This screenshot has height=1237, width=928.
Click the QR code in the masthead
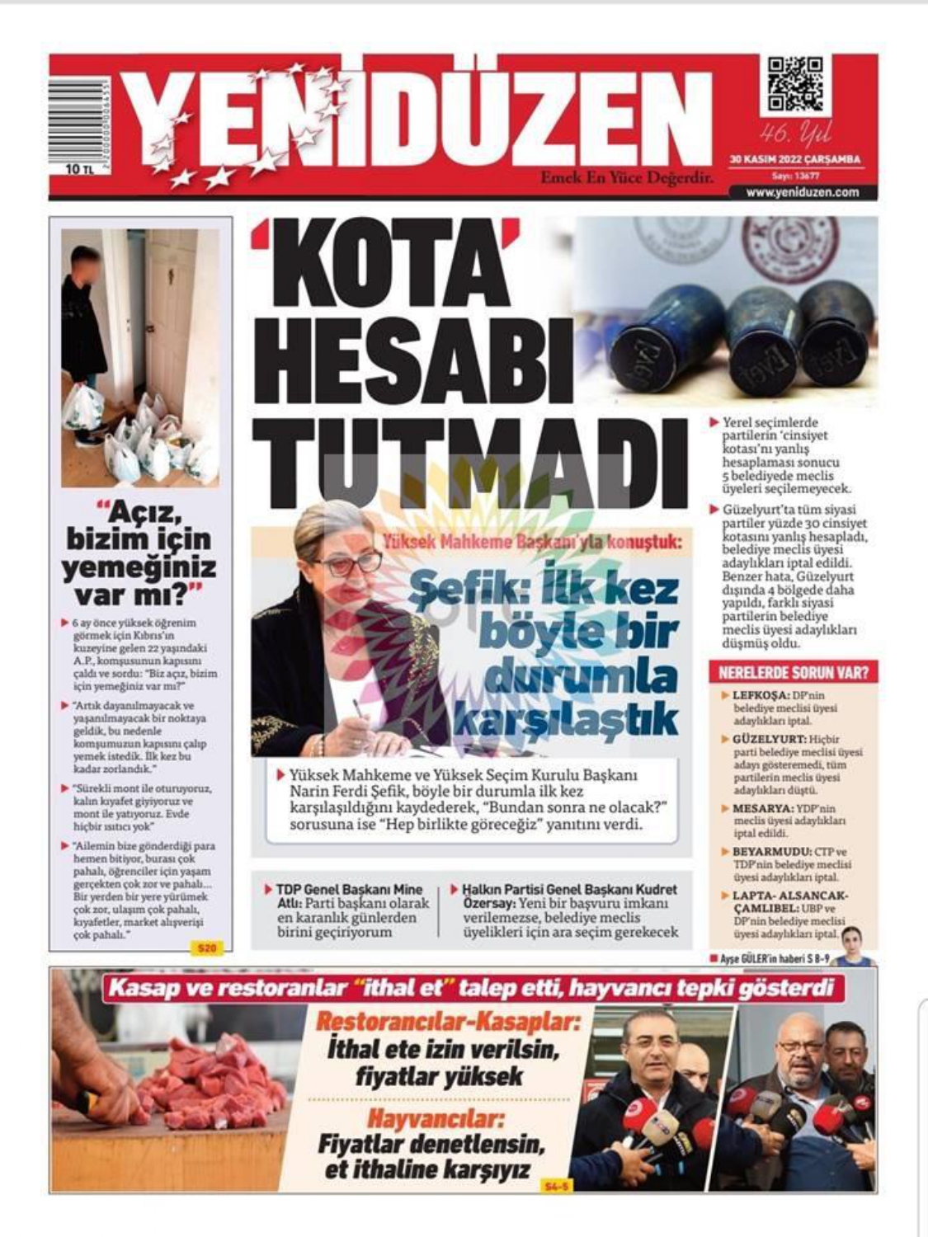795,85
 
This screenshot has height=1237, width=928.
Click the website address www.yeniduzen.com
801,192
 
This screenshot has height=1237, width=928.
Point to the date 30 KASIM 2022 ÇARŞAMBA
794,159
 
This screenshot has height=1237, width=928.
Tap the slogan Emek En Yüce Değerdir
626,176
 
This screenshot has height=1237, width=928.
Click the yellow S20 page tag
206,949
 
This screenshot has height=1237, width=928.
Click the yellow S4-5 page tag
558,1186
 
